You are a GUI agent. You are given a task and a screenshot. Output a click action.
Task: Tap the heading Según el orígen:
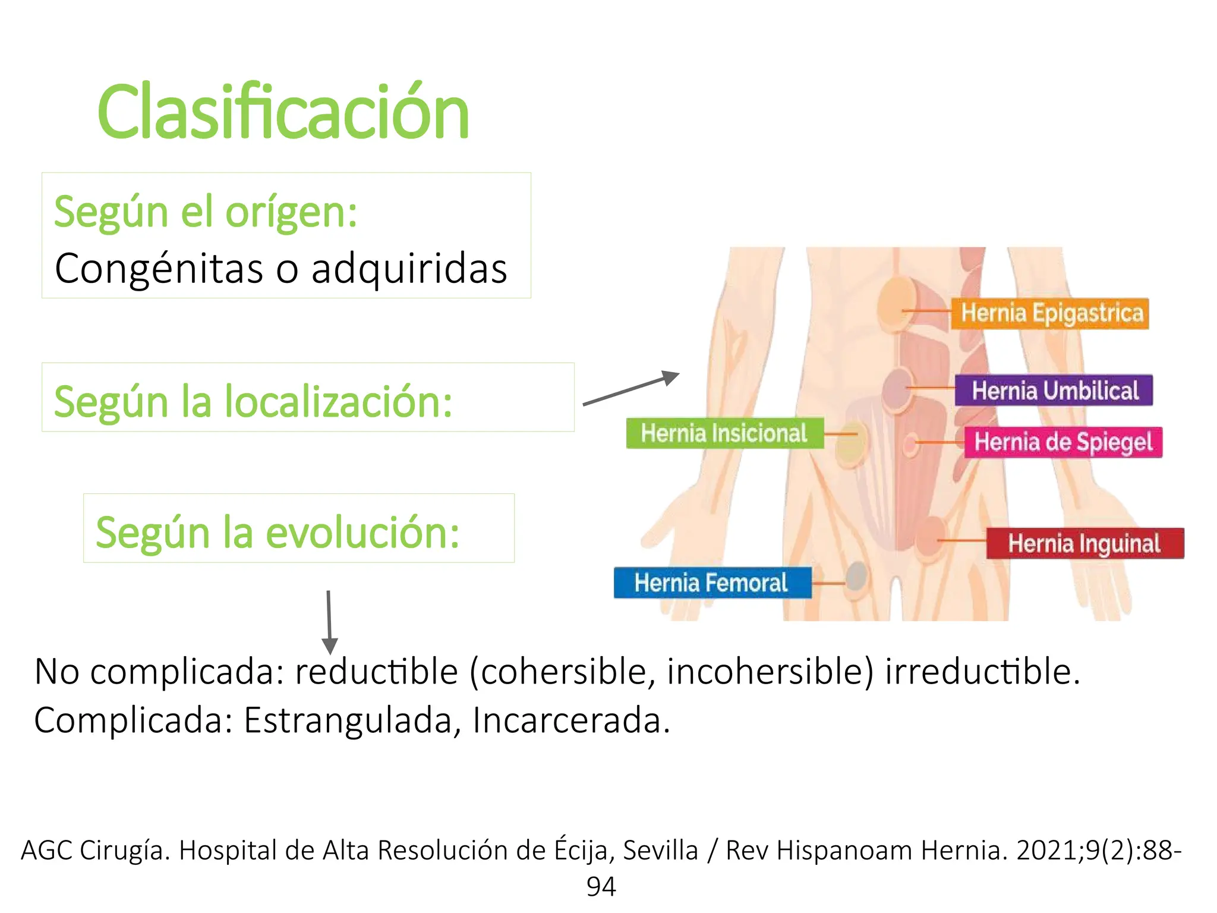[206, 212]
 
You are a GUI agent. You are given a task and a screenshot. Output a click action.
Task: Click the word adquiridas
[409, 268]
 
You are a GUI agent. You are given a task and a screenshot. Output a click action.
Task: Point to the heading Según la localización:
[253, 401]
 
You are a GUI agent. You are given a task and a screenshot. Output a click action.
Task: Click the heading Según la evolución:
[278, 532]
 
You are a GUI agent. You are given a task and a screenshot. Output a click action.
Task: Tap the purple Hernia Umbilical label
[1054, 391]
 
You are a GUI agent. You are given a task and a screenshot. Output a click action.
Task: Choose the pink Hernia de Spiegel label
[1063, 442]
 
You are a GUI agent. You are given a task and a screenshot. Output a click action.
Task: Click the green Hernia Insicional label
[724, 433]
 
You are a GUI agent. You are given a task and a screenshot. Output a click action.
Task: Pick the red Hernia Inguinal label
[1084, 543]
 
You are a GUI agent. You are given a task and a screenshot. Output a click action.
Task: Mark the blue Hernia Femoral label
[712, 583]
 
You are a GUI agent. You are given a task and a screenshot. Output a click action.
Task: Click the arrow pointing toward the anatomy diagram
[632, 388]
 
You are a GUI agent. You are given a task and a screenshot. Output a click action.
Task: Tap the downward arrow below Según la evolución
[329, 622]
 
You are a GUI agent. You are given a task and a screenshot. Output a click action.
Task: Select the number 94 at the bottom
[601, 886]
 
